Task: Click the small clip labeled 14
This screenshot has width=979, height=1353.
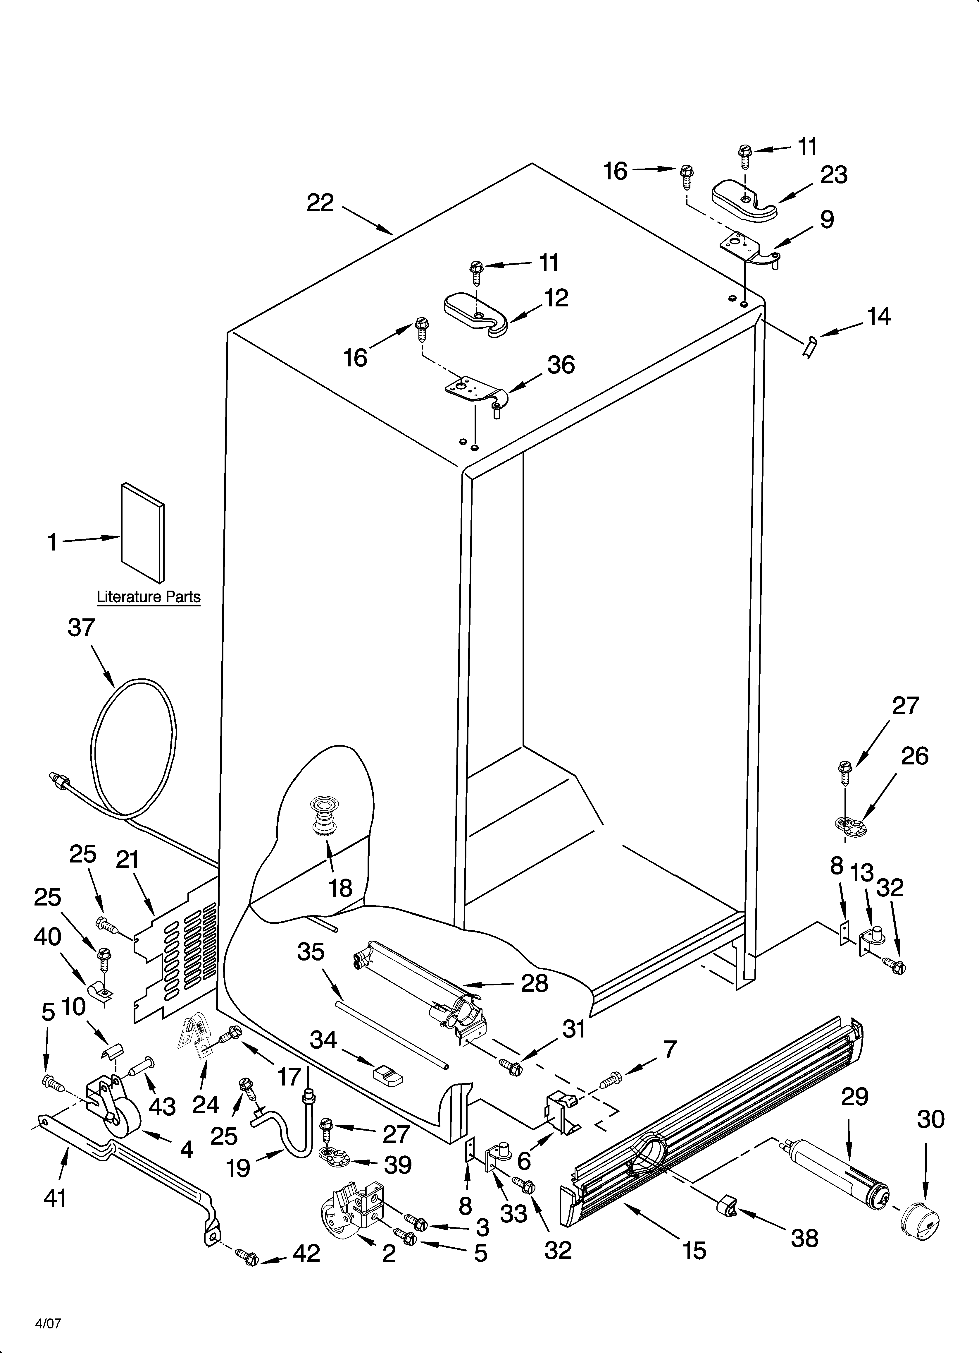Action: click(x=810, y=347)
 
